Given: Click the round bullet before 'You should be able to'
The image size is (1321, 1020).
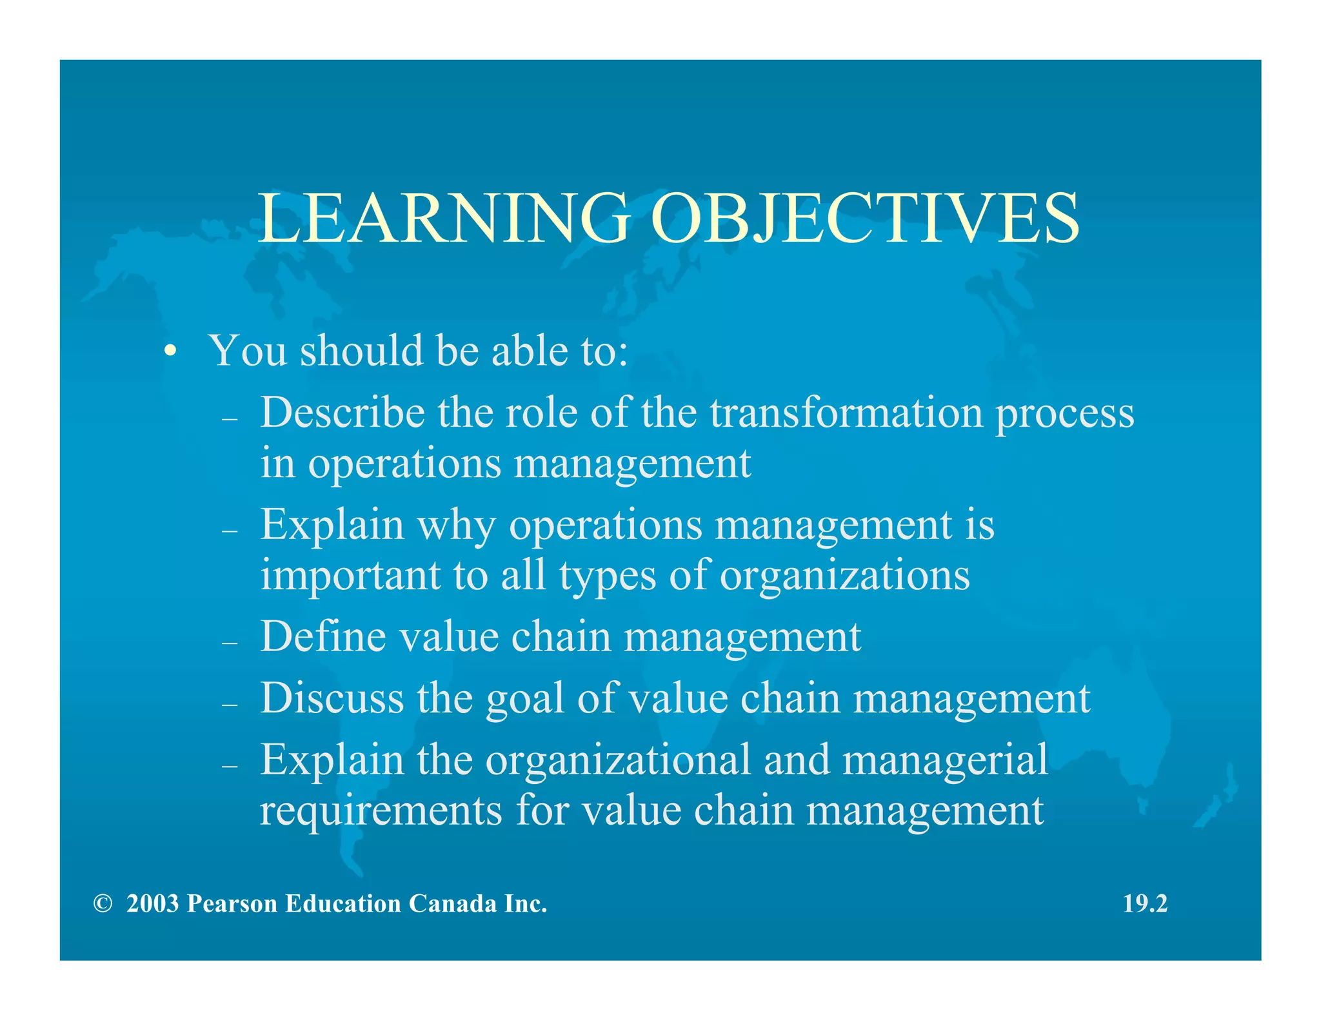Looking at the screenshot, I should coord(170,352).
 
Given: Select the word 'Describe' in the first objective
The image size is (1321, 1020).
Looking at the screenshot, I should coord(343,413).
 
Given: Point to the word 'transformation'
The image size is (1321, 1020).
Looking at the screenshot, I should coord(846,413).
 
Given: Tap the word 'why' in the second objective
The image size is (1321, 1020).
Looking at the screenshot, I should coord(457,525).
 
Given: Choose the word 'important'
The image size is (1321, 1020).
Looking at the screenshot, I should coord(350,576).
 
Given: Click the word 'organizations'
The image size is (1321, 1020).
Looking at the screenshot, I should coord(844,576).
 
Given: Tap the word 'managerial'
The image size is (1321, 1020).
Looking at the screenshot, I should coord(945,761).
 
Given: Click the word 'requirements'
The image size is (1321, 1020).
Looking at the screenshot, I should coord(381,811).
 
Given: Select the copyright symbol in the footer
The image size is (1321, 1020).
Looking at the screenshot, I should coord(102,904).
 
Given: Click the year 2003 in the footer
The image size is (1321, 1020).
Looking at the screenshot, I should coord(152,904).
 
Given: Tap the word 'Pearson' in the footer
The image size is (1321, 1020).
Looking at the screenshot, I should coord(232,904).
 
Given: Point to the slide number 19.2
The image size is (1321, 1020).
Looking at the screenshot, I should coord(1145,904).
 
